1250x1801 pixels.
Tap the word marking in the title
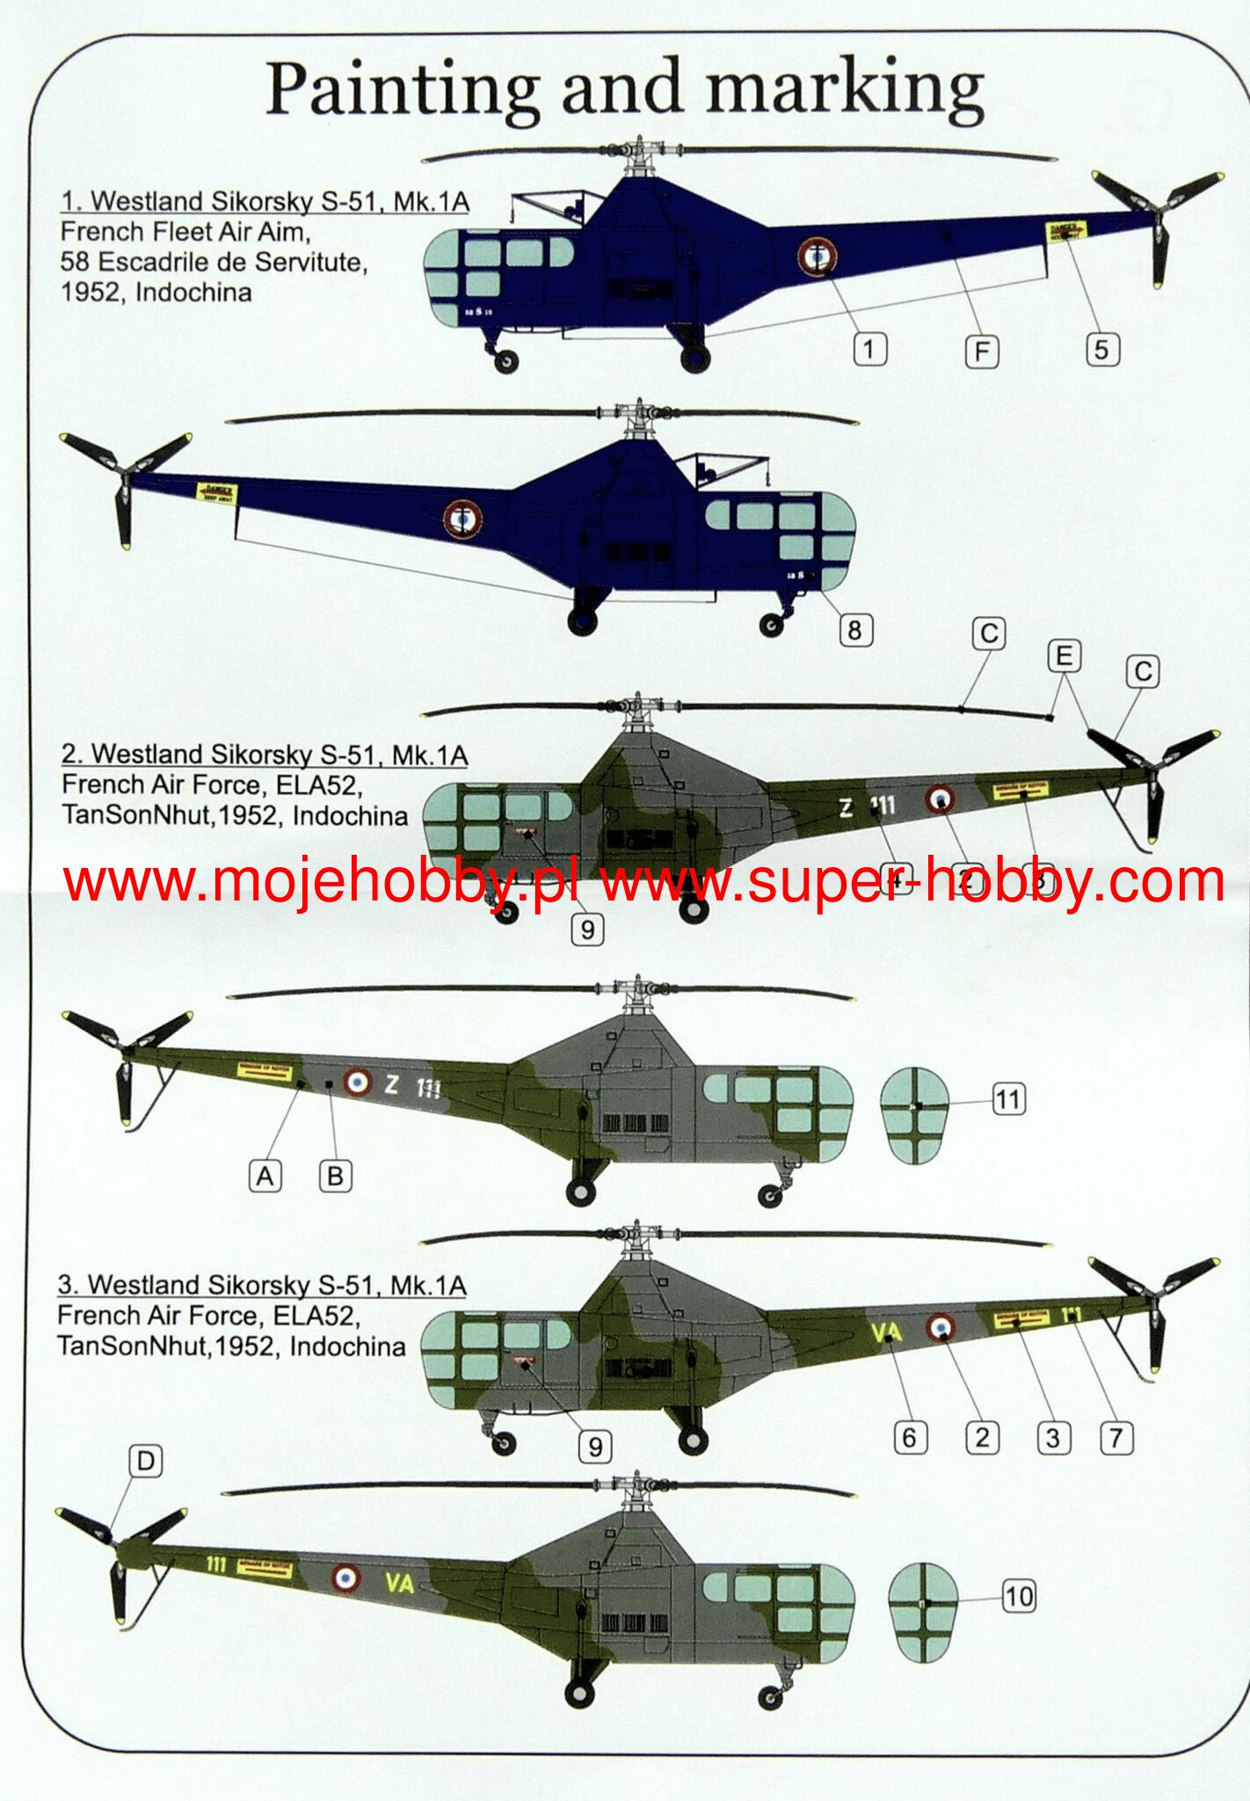click(x=844, y=90)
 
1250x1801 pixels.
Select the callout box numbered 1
click(x=868, y=349)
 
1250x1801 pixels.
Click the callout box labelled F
click(x=981, y=352)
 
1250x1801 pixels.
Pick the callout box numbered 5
click(x=1101, y=349)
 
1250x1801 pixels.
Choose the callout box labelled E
click(x=1064, y=656)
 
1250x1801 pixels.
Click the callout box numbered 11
click(x=1008, y=1098)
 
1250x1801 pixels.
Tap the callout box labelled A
click(x=265, y=1176)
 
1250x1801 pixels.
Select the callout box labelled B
click(x=334, y=1176)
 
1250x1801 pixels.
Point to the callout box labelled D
click(x=145, y=1462)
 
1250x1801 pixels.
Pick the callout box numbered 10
click(x=1018, y=1596)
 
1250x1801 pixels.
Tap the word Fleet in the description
click(x=184, y=232)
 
